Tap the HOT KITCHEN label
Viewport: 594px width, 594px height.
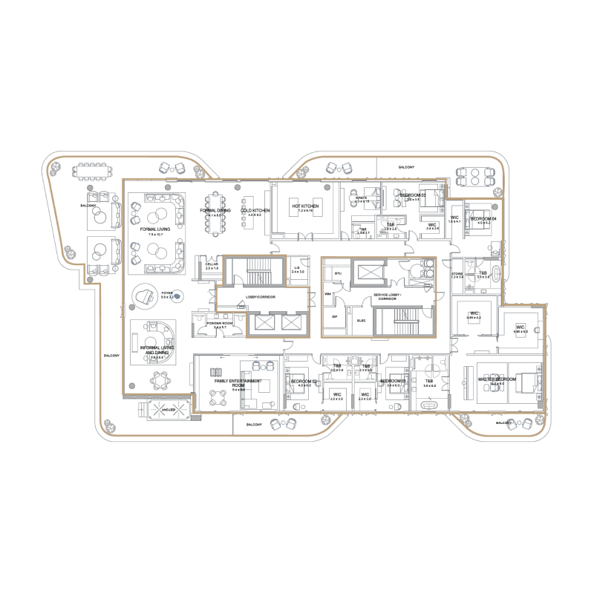pyautogui.click(x=305, y=206)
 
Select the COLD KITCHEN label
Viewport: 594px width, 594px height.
pyautogui.click(x=255, y=211)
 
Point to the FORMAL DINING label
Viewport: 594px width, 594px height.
pyautogui.click(x=215, y=211)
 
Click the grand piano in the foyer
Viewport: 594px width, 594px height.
pyautogui.click(x=144, y=296)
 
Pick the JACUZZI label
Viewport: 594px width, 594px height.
pyautogui.click(x=163, y=408)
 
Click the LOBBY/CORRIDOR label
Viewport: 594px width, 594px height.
pyautogui.click(x=261, y=297)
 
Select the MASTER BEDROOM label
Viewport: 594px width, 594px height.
pyautogui.click(x=497, y=379)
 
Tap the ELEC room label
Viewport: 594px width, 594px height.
pyautogui.click(x=362, y=320)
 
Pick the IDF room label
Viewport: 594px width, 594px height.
pyautogui.click(x=334, y=317)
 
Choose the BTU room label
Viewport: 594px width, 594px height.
pyautogui.click(x=338, y=274)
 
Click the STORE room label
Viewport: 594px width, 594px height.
pyautogui.click(x=457, y=274)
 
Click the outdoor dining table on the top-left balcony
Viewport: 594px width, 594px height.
pyautogui.click(x=93, y=172)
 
